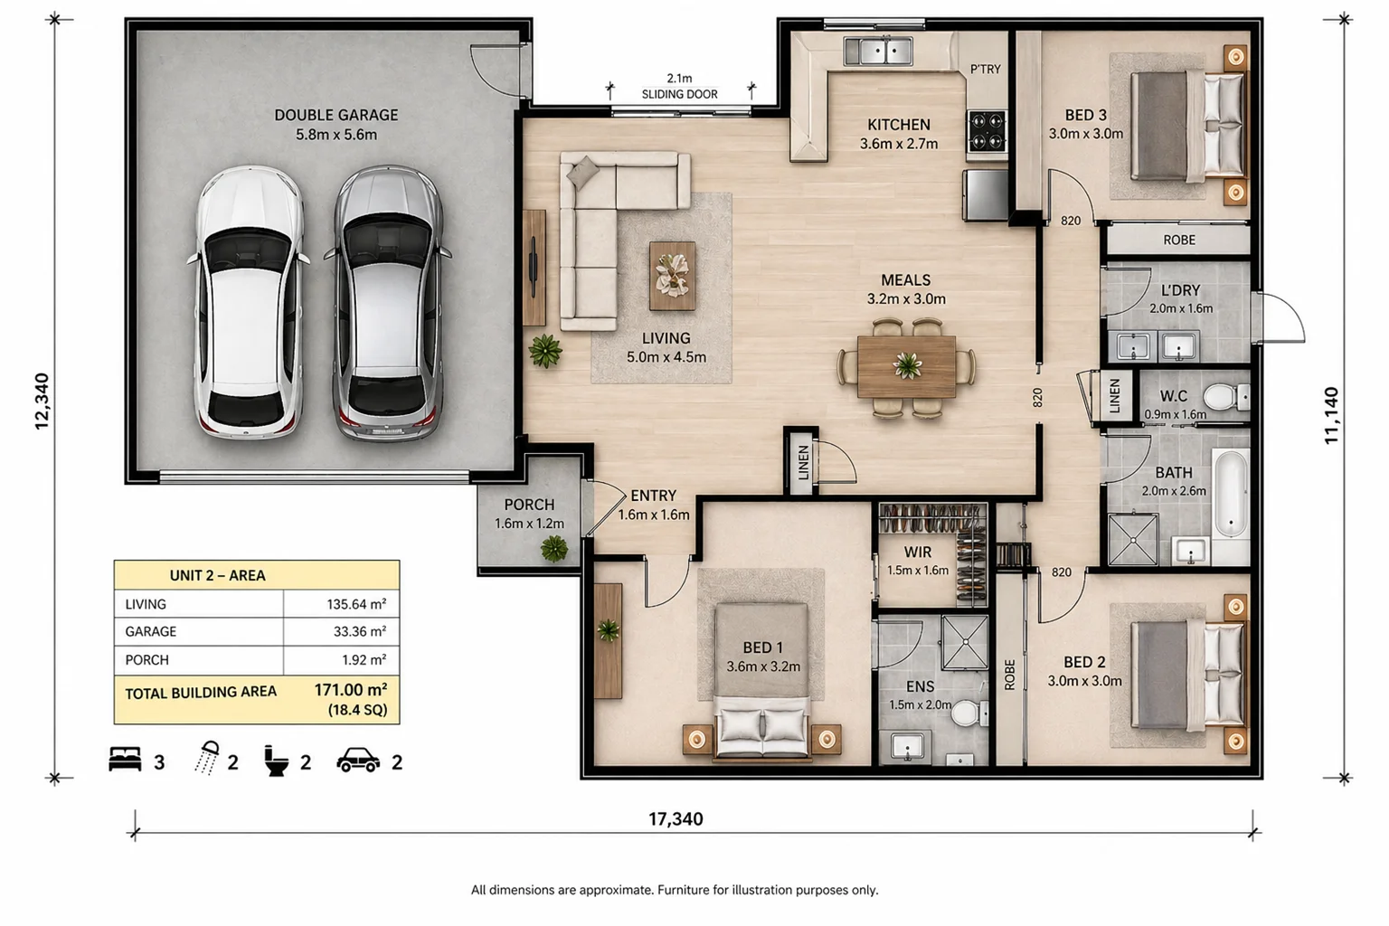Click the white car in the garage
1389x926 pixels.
tap(250, 303)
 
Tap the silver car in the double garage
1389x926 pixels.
tap(388, 303)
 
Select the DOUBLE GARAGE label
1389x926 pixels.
tap(336, 116)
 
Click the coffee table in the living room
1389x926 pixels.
tap(672, 276)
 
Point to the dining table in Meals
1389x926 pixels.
tap(907, 366)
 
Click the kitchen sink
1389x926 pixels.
tap(877, 51)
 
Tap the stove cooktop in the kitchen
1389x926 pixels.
tap(987, 131)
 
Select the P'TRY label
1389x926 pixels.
tap(986, 69)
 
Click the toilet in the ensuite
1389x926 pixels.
tap(969, 713)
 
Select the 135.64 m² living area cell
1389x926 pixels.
tap(356, 604)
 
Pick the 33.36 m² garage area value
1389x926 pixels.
tap(360, 631)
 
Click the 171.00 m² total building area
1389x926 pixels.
tap(350, 690)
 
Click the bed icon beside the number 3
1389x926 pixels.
tap(125, 760)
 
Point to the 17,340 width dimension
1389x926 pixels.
tap(676, 819)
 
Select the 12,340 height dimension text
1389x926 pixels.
tap(42, 402)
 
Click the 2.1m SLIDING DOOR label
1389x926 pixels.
tap(680, 86)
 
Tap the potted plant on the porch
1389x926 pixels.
tap(553, 549)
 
